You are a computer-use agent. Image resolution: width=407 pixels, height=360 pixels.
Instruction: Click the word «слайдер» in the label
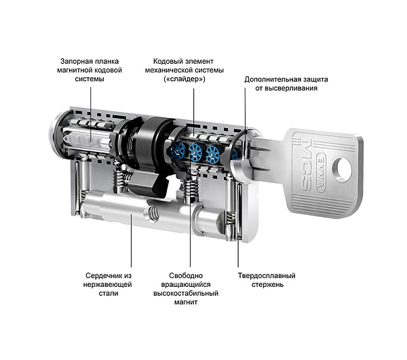(x=185, y=80)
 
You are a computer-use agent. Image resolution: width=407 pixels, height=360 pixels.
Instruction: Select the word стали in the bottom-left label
(x=109, y=294)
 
